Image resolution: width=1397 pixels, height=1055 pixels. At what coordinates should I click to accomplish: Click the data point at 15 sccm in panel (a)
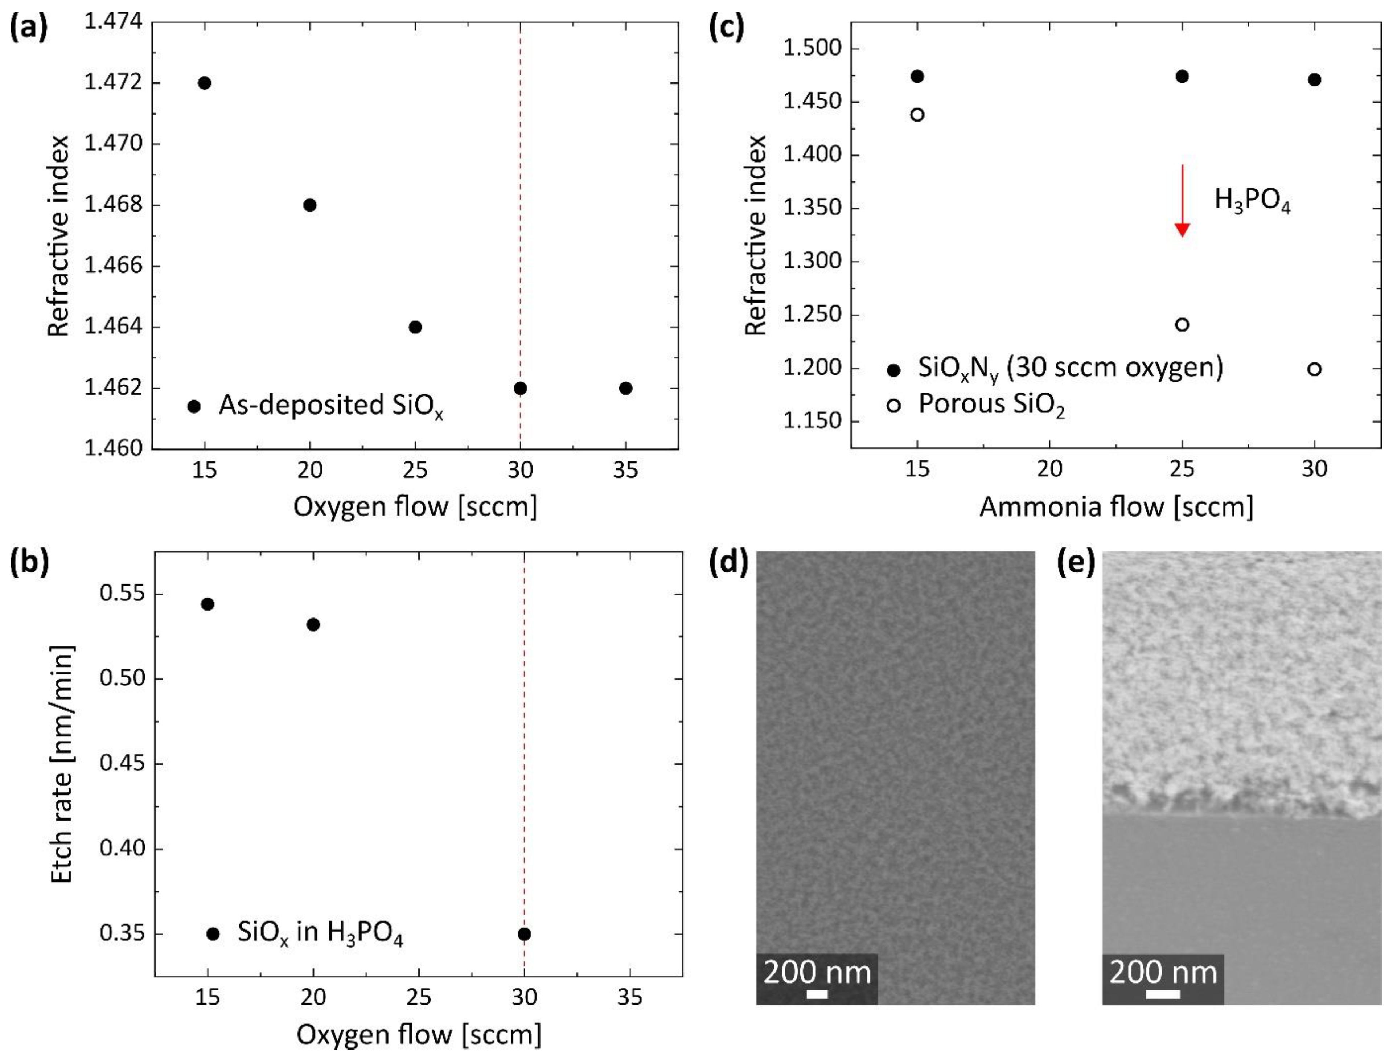pyautogui.click(x=204, y=83)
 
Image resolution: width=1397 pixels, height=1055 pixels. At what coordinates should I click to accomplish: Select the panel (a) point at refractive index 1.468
pyautogui.click(x=309, y=205)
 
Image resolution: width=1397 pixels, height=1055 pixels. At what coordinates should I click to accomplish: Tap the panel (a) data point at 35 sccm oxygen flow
pyautogui.click(x=625, y=388)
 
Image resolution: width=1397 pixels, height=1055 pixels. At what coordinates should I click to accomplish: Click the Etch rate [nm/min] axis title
pyautogui.click(x=62, y=764)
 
